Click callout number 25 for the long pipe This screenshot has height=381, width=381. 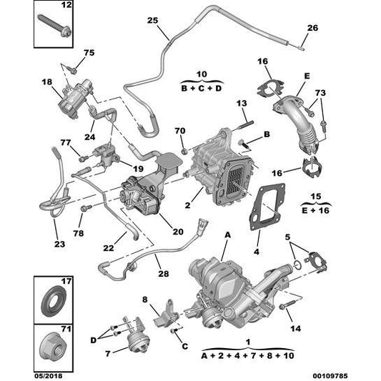click(x=152, y=21)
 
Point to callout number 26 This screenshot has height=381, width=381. click(x=312, y=28)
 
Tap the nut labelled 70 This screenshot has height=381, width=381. click(x=184, y=152)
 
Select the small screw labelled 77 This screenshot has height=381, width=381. click(x=83, y=159)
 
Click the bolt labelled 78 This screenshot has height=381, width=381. click(x=86, y=208)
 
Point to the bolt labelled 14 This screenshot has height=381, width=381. click(x=287, y=305)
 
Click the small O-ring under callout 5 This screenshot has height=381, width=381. click(x=297, y=264)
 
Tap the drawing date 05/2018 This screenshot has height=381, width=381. click(x=48, y=376)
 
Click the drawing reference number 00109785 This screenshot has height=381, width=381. click(x=330, y=376)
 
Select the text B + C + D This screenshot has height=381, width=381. click(x=202, y=89)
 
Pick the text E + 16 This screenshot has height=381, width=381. click(x=315, y=210)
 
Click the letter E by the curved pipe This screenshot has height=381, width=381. click(x=307, y=76)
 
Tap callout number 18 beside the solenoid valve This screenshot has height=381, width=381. click(x=46, y=82)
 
